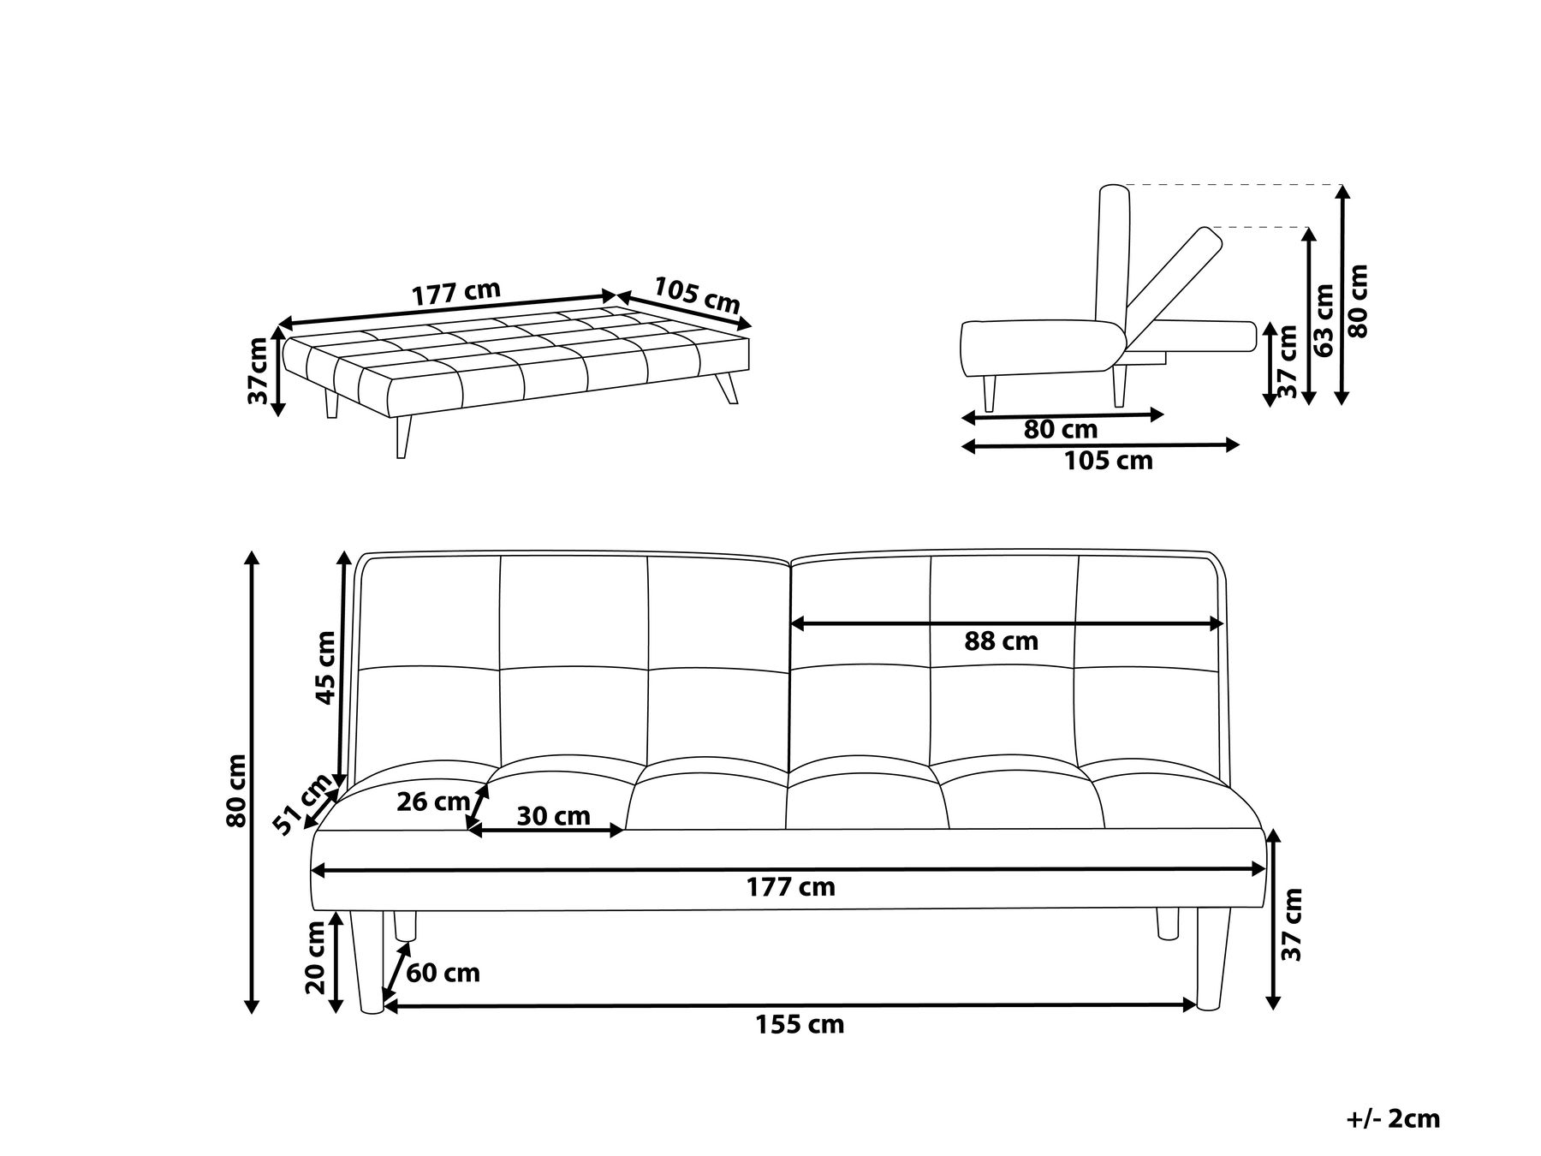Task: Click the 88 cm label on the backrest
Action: pyautogui.click(x=1001, y=641)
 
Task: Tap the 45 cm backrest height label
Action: pyautogui.click(x=326, y=667)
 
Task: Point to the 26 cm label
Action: pyautogui.click(x=433, y=802)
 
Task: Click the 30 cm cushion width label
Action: pyautogui.click(x=553, y=816)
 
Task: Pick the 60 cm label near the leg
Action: pyautogui.click(x=443, y=973)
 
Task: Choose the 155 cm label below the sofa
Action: pyautogui.click(x=800, y=1024)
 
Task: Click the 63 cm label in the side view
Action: pyautogui.click(x=1324, y=320)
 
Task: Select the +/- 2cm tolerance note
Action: pyautogui.click(x=1392, y=1118)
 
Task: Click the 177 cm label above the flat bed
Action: pyautogui.click(x=455, y=293)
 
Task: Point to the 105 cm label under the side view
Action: pyautogui.click(x=1108, y=462)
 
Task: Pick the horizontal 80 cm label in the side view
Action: pyautogui.click(x=1060, y=430)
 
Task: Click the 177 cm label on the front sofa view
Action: pyautogui.click(x=790, y=887)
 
